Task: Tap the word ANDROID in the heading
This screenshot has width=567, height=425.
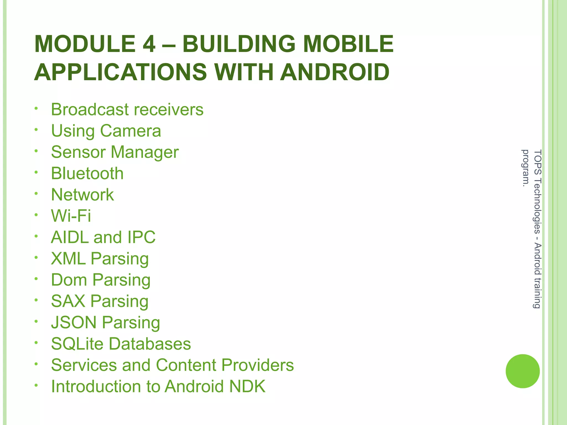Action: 335,72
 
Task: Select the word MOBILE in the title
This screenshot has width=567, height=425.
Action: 349,44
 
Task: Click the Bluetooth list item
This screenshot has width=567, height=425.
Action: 87,173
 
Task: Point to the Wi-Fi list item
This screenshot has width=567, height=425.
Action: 71,216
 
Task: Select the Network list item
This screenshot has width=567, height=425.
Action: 83,195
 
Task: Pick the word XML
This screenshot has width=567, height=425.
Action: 68,259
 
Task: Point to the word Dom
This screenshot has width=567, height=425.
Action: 69,280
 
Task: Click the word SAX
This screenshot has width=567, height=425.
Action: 68,301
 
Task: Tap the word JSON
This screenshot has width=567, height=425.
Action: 74,323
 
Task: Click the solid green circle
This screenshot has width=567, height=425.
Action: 522,371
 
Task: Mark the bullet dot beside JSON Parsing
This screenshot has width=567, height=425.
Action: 36,322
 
